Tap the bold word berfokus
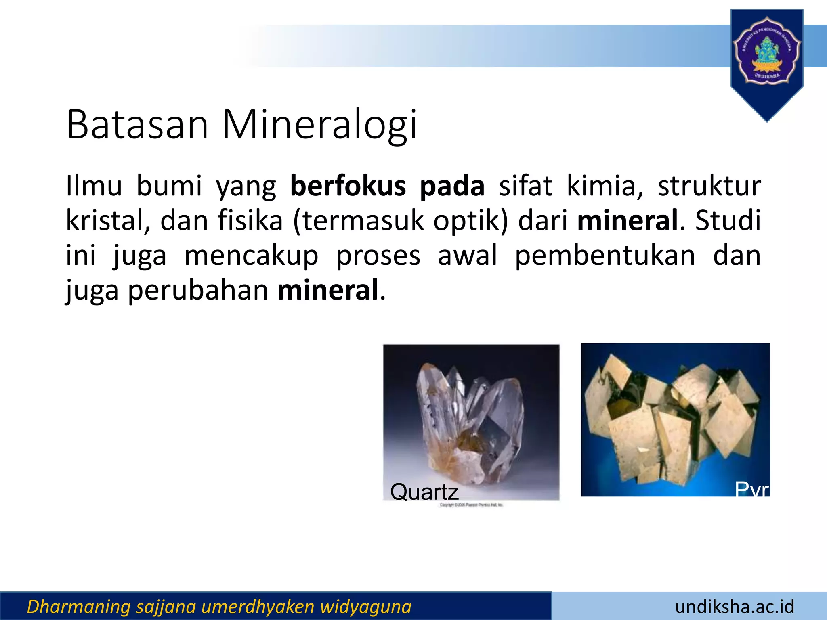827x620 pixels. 348,186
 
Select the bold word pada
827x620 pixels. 452,186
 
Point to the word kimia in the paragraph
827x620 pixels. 605,186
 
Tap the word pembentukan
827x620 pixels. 605,256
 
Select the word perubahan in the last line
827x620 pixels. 198,290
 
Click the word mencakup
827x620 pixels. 251,256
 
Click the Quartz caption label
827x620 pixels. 424,492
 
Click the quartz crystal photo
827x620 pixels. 471,416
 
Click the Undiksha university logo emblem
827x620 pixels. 766,50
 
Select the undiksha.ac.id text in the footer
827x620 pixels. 735,607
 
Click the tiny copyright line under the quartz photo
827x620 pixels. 471,505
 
